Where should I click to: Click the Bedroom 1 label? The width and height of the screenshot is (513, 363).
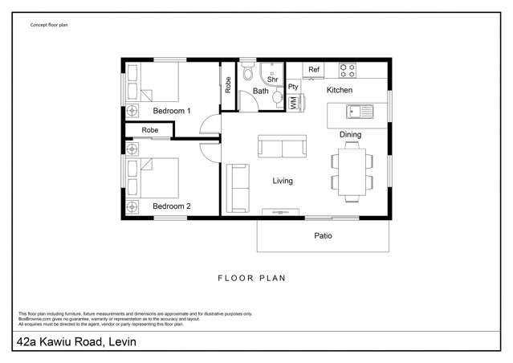[x=171, y=110]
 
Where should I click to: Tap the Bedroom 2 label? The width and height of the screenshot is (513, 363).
[x=171, y=206]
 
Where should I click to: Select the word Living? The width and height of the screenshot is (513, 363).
[x=283, y=181]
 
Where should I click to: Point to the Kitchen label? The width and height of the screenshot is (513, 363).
[x=340, y=90]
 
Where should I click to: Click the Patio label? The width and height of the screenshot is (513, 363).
[x=323, y=236]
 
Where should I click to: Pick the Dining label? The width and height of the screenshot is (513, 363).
[x=351, y=134]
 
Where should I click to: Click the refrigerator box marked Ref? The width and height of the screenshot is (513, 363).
[x=314, y=70]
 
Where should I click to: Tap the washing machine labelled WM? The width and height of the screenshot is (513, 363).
[x=293, y=103]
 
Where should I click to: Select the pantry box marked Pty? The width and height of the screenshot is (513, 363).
[x=293, y=86]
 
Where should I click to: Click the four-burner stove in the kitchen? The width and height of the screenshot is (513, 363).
[x=348, y=70]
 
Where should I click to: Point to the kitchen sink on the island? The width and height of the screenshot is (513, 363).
[x=356, y=111]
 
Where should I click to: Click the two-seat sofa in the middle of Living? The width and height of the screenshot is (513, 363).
[x=281, y=147]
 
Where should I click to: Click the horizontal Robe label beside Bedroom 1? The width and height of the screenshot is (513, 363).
[x=150, y=129]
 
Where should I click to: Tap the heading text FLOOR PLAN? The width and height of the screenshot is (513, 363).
[x=252, y=278]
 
